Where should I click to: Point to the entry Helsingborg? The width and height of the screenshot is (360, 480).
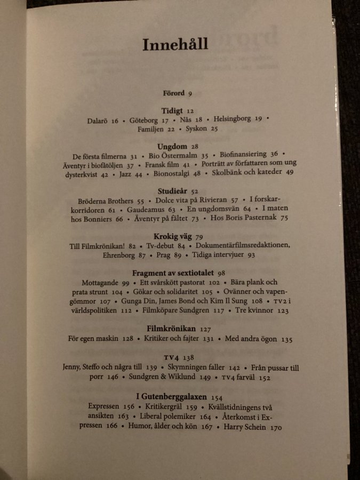[x=236, y=121]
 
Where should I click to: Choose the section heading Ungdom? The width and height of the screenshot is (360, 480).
[x=171, y=146]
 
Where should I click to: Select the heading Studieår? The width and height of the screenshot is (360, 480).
[x=172, y=190]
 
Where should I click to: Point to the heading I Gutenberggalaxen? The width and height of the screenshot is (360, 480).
[x=171, y=396]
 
